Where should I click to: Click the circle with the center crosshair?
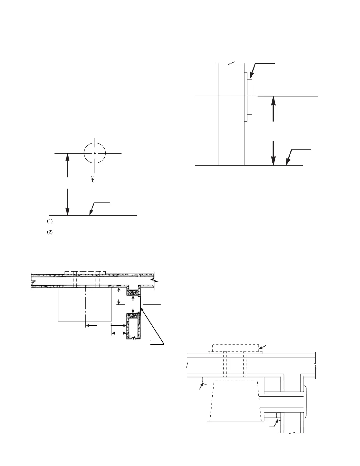pyautogui.click(x=95, y=153)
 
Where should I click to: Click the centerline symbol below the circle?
pyautogui.click(x=92, y=179)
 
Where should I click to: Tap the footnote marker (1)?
pyautogui.click(x=50, y=221)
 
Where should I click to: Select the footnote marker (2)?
pyautogui.click(x=50, y=232)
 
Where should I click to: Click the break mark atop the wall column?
pyautogui.click(x=232, y=63)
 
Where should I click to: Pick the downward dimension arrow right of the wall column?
pyautogui.click(x=274, y=153)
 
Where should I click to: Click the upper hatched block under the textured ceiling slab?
pyautogui.click(x=133, y=293)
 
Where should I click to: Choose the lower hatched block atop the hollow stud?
pyautogui.click(x=133, y=316)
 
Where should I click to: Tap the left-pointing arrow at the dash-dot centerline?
pyautogui.click(x=91, y=325)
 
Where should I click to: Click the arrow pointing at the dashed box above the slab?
pyautogui.click(x=262, y=348)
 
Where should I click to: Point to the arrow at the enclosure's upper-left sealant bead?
pyautogui.click(x=201, y=387)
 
